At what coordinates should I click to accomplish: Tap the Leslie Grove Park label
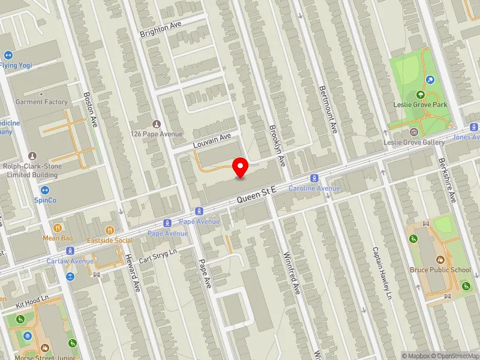pyautogui.click(x=420, y=104)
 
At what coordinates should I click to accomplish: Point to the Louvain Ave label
pyautogui.click(x=212, y=142)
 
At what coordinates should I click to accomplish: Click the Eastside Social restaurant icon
pyautogui.click(x=110, y=230)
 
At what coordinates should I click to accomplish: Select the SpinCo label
pyautogui.click(x=45, y=200)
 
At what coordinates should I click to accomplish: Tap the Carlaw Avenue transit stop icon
pyautogui.click(x=70, y=251)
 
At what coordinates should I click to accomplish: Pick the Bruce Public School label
pyautogui.click(x=441, y=270)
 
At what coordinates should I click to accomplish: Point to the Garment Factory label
pyautogui.click(x=41, y=102)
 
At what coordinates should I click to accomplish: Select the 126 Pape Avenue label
pyautogui.click(x=156, y=134)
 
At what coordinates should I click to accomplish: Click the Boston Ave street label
pyautogui.click(x=91, y=109)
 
